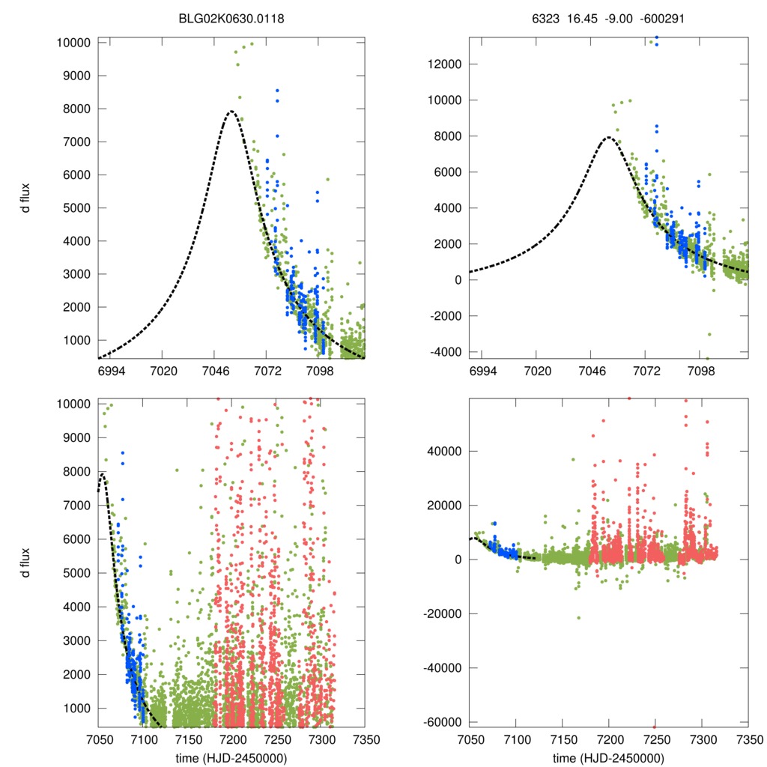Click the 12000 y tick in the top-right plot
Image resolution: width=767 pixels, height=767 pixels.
point(443,64)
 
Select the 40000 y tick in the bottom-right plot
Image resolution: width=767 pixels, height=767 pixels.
point(443,451)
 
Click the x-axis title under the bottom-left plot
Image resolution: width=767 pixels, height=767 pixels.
point(231,757)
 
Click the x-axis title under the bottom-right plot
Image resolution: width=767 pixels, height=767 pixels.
point(607,757)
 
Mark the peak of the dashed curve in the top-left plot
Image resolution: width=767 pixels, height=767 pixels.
point(231,112)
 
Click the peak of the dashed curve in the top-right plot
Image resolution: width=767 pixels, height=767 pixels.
point(607,137)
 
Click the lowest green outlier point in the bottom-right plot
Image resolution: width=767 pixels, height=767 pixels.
point(578,618)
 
